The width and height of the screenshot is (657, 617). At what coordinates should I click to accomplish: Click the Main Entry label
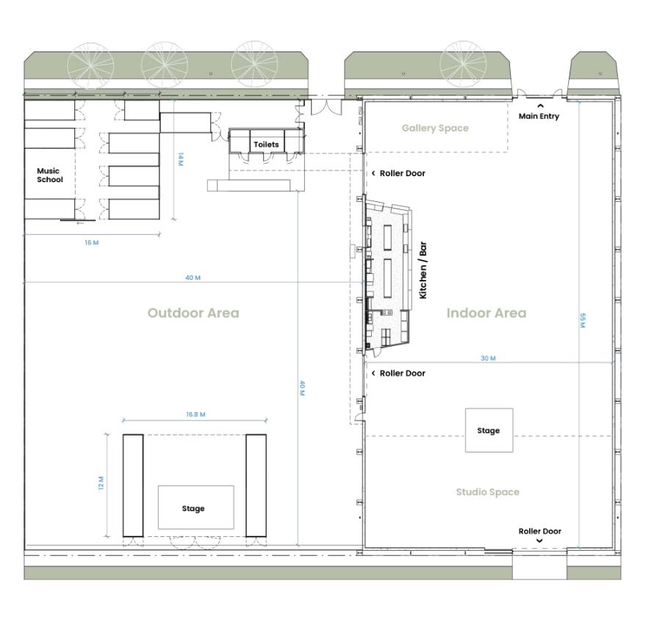pos(539,116)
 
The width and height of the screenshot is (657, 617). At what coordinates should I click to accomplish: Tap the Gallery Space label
pos(435,129)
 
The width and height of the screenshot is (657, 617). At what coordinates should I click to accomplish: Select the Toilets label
pos(266,145)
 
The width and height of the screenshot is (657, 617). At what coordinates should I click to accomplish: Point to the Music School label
pos(50,175)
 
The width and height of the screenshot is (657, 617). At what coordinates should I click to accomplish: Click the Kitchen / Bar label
pos(423,270)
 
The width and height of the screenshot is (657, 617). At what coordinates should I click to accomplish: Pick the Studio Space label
pos(488,491)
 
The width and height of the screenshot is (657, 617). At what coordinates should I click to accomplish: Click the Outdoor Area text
pos(193,313)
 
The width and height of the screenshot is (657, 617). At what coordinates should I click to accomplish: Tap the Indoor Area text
pos(486,313)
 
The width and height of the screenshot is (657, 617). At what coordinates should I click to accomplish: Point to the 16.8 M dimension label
pos(195,414)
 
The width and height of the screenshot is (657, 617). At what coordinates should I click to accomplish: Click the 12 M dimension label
pos(101,483)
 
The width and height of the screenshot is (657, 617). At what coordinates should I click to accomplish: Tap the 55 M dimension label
pos(583,320)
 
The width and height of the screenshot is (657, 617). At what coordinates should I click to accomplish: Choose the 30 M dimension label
pos(488,358)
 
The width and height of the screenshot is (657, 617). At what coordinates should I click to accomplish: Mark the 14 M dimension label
pos(181,159)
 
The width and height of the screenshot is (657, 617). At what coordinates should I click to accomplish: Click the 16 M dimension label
pos(92,242)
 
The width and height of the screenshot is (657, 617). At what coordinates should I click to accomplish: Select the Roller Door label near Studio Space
pos(539,531)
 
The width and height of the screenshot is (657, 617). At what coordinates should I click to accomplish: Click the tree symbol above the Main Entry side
pos(463,64)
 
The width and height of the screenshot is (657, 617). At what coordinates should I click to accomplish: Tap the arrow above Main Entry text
pos(540,106)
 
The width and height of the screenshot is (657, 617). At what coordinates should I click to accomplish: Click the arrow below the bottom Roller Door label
pos(539,541)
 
